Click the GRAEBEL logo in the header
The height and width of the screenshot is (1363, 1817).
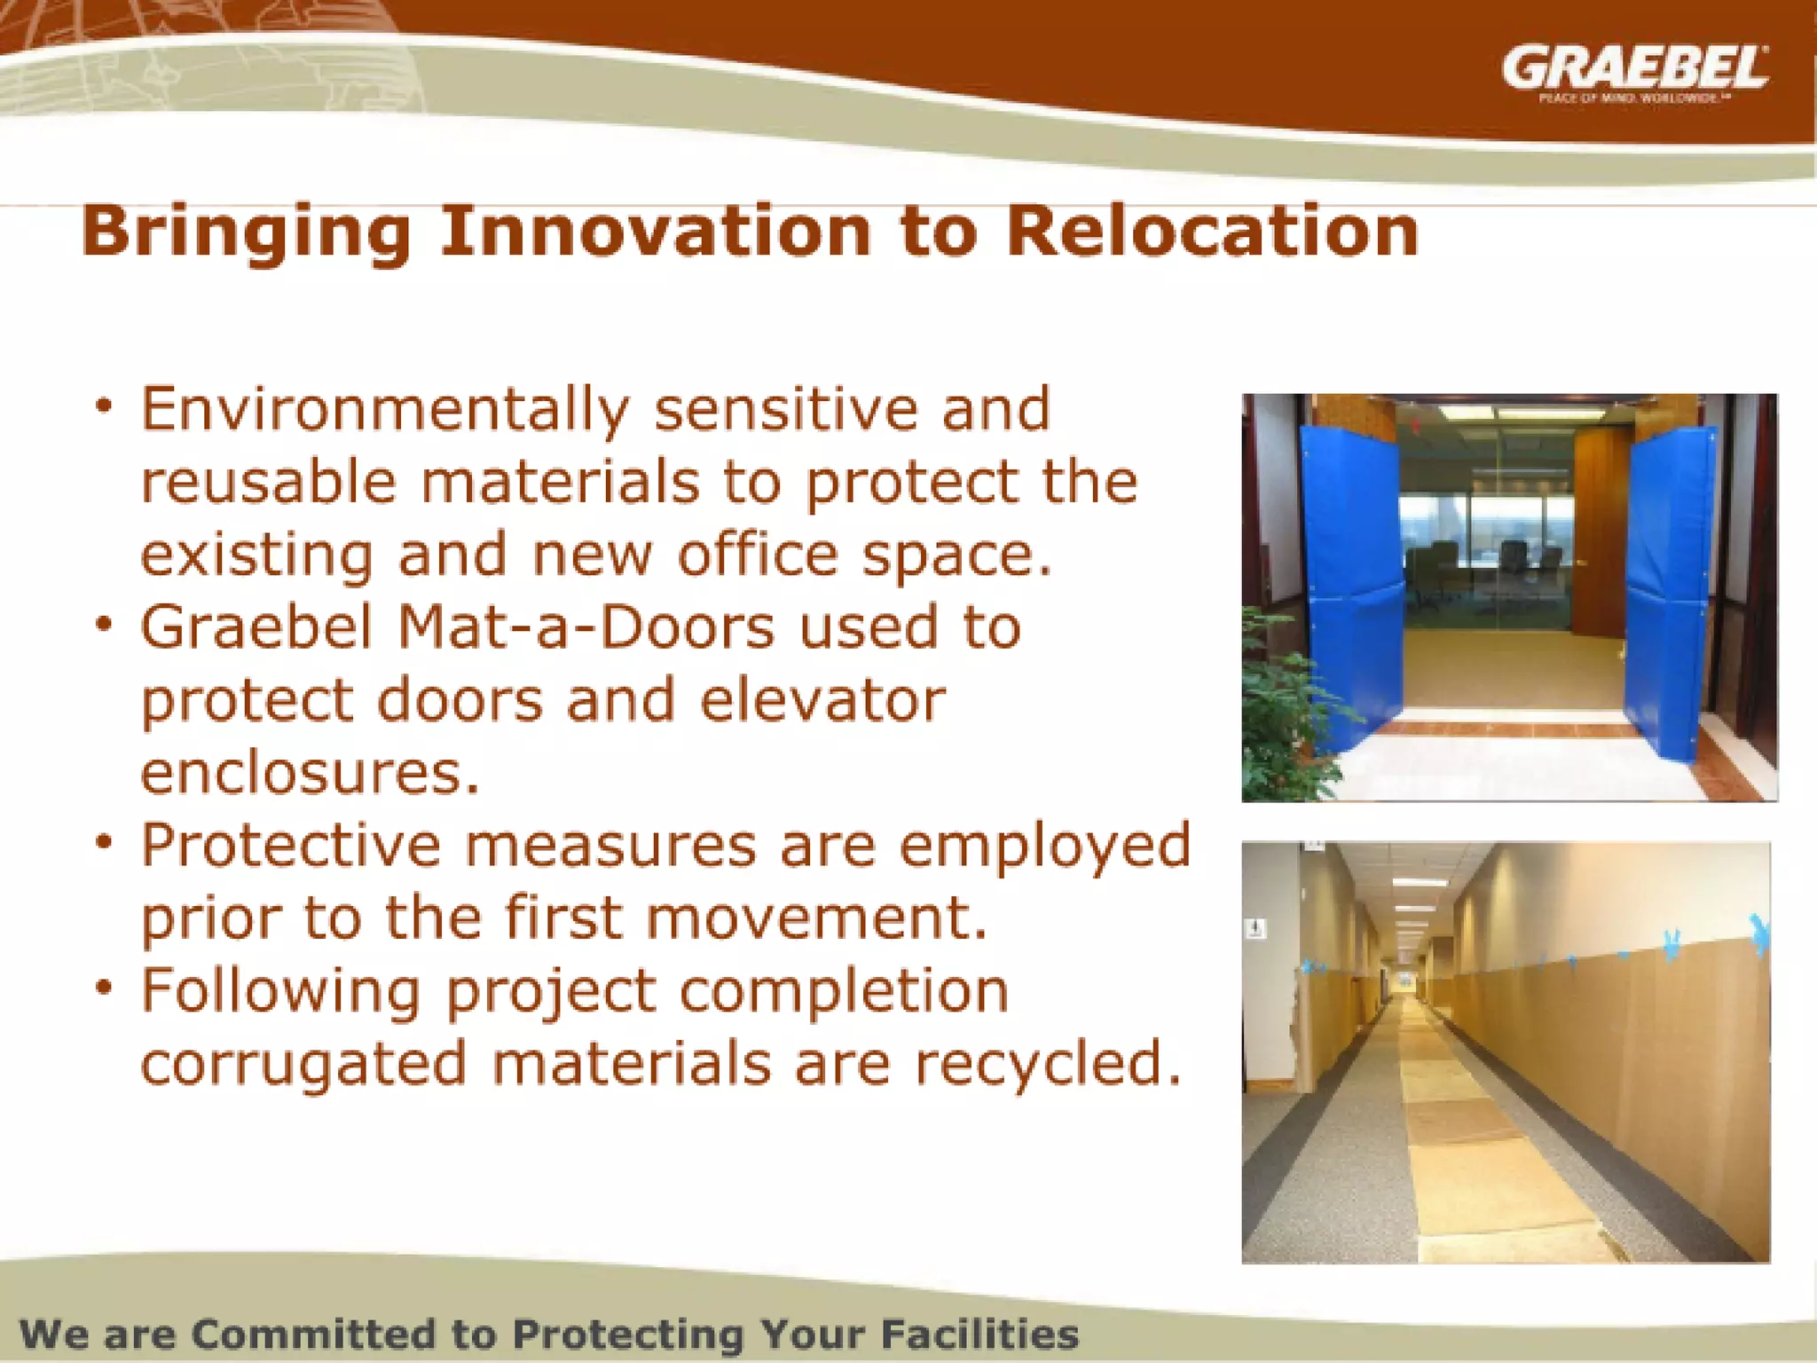1634,69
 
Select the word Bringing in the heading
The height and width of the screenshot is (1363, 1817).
246,232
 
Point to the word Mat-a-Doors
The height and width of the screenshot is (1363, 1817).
586,626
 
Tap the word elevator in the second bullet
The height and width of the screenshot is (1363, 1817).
822,700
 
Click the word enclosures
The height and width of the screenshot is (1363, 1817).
310,773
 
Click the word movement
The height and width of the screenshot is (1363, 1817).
816,918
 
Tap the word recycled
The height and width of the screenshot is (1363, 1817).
1047,1063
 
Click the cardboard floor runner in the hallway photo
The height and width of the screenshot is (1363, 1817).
1455,1145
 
